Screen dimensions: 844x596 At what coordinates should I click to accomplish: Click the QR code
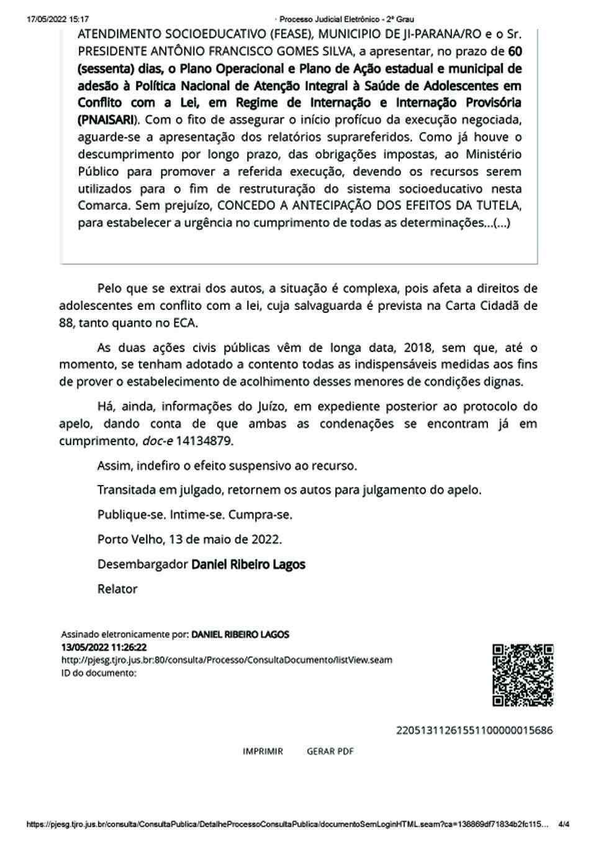523,675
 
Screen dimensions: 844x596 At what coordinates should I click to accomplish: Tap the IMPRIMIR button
263,751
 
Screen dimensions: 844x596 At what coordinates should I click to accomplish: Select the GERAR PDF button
330,751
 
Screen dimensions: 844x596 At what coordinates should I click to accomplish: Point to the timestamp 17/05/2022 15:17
58,19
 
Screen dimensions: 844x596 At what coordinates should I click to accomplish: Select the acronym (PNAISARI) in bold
109,119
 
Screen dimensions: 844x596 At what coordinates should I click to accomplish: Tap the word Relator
117,589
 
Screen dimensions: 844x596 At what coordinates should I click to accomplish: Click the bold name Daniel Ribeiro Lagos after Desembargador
248,565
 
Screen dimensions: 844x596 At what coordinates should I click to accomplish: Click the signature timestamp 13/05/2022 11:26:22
104,647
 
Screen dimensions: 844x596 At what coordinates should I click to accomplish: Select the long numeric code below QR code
474,730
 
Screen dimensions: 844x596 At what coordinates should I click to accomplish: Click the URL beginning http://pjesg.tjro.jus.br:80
227,660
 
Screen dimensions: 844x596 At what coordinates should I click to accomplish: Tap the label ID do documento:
99,673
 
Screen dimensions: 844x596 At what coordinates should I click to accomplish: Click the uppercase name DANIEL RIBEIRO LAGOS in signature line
240,635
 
